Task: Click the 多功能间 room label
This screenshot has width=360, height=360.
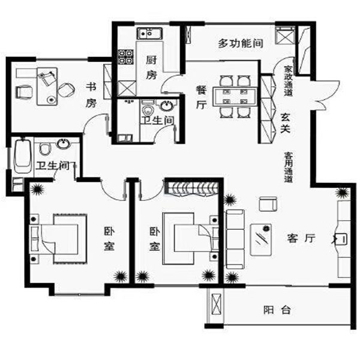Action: point(241,43)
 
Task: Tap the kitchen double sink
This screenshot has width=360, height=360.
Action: point(149,34)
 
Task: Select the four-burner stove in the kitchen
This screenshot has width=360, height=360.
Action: point(126,57)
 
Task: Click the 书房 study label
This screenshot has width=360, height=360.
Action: point(91,95)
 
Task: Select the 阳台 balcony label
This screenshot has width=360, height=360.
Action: point(277,310)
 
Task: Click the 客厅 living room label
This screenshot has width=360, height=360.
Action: point(301,238)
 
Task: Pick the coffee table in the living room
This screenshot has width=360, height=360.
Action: point(261,239)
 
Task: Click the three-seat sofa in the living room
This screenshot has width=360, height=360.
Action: point(235,239)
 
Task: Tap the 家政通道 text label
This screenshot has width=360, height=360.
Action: point(288,81)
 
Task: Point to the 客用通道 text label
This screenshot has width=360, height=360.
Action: point(289,167)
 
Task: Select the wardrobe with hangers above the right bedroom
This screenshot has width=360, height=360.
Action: point(191,189)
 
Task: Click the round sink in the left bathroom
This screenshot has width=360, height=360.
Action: point(64,144)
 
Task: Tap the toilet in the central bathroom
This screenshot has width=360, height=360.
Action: point(148,109)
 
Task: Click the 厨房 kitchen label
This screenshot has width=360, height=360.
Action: point(151,68)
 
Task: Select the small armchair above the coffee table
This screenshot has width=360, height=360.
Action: point(268,203)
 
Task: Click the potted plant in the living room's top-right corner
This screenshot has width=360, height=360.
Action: point(343,193)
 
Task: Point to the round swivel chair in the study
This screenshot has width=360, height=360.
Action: point(66,90)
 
